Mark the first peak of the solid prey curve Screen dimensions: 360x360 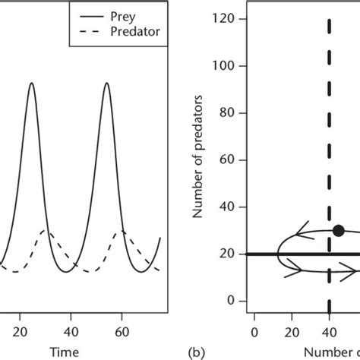(x=32, y=83)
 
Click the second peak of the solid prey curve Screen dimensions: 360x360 (x=106, y=83)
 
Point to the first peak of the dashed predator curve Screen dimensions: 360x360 (x=45, y=230)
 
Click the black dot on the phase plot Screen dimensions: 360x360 (x=338, y=230)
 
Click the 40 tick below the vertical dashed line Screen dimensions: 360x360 (x=330, y=331)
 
